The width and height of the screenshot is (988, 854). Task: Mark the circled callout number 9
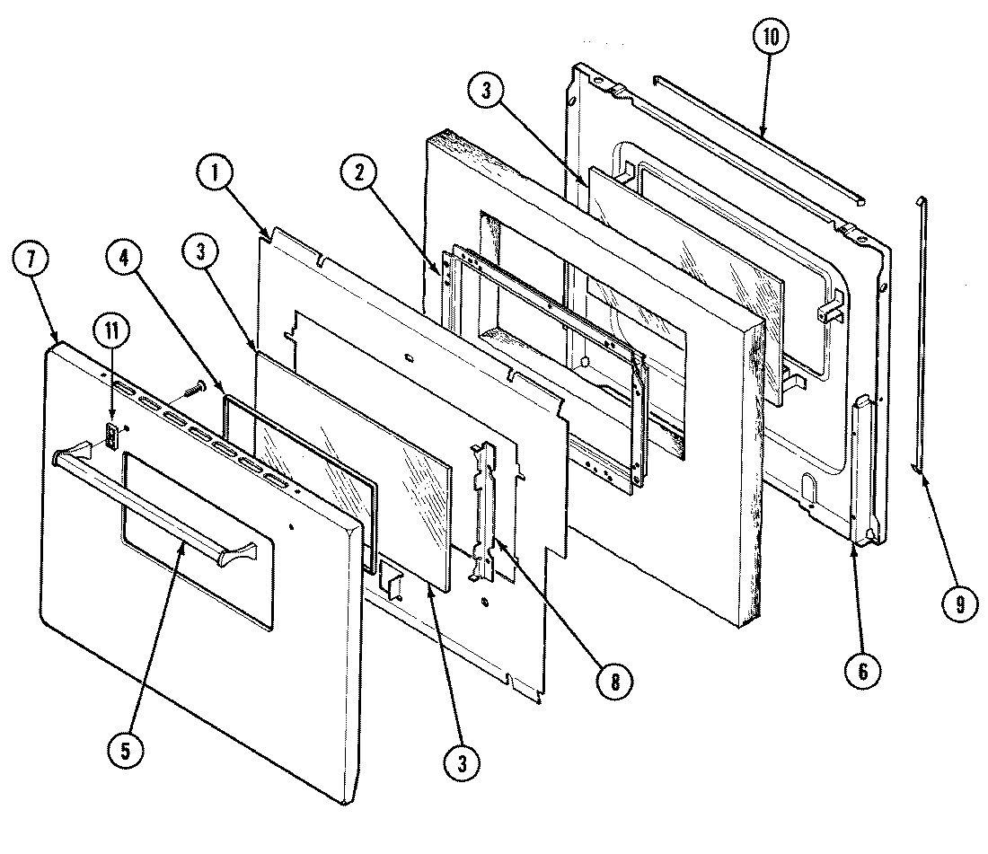click(x=959, y=605)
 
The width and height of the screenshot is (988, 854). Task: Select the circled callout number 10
click(x=772, y=38)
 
